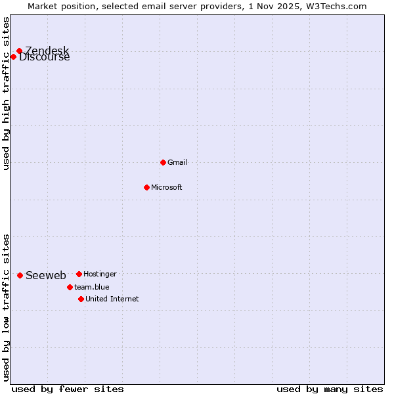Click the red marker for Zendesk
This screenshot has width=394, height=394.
tap(19, 51)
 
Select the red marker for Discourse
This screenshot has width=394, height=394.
tap(13, 56)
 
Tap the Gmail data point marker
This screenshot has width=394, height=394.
tap(163, 162)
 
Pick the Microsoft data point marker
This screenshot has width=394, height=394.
tap(146, 187)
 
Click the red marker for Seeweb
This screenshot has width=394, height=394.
tap(20, 275)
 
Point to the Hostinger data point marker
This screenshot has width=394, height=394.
tap(79, 274)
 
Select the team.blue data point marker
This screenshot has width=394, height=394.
tap(70, 287)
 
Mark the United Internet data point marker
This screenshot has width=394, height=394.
tap(81, 299)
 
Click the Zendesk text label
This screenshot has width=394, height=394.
tap(47, 51)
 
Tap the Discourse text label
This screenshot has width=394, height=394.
tap(45, 57)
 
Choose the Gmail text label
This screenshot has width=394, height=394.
tap(177, 162)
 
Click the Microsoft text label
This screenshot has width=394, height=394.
tap(167, 187)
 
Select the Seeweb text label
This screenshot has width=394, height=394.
tap(46, 275)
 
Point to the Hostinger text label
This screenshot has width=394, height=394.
tap(100, 274)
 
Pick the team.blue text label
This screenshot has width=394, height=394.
tap(92, 287)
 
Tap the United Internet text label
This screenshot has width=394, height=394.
tap(112, 299)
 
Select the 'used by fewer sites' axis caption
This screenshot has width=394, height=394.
tap(68, 389)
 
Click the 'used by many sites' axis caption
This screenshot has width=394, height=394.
tap(330, 389)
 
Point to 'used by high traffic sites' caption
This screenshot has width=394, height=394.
tap(6, 93)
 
